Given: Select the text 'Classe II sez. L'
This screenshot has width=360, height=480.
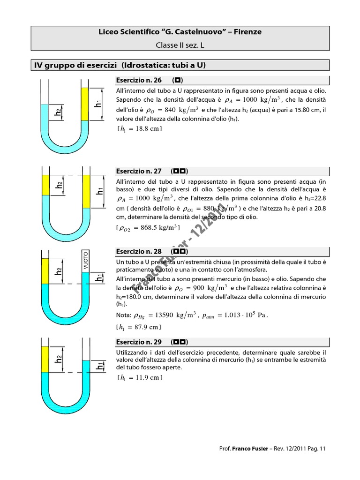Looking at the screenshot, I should pos(180,45).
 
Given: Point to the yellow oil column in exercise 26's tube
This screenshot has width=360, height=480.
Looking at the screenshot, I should pos(85,104).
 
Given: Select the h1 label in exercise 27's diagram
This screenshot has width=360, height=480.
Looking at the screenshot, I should pos(99,191).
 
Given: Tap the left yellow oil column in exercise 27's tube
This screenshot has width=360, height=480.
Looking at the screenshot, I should pos(46,185).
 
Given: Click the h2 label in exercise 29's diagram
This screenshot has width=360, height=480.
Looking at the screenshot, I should pos(59,359).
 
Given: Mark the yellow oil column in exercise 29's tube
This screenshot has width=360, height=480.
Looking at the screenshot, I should pos(45,360).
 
